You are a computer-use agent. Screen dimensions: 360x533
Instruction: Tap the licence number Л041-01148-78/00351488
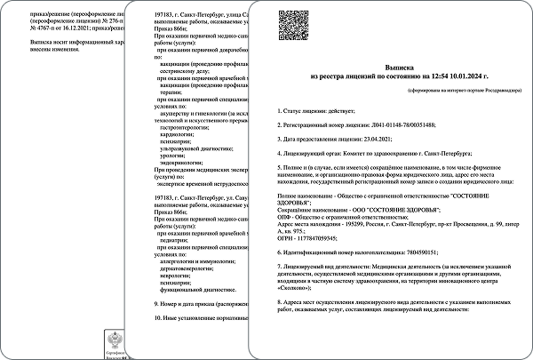click(x=394, y=125)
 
